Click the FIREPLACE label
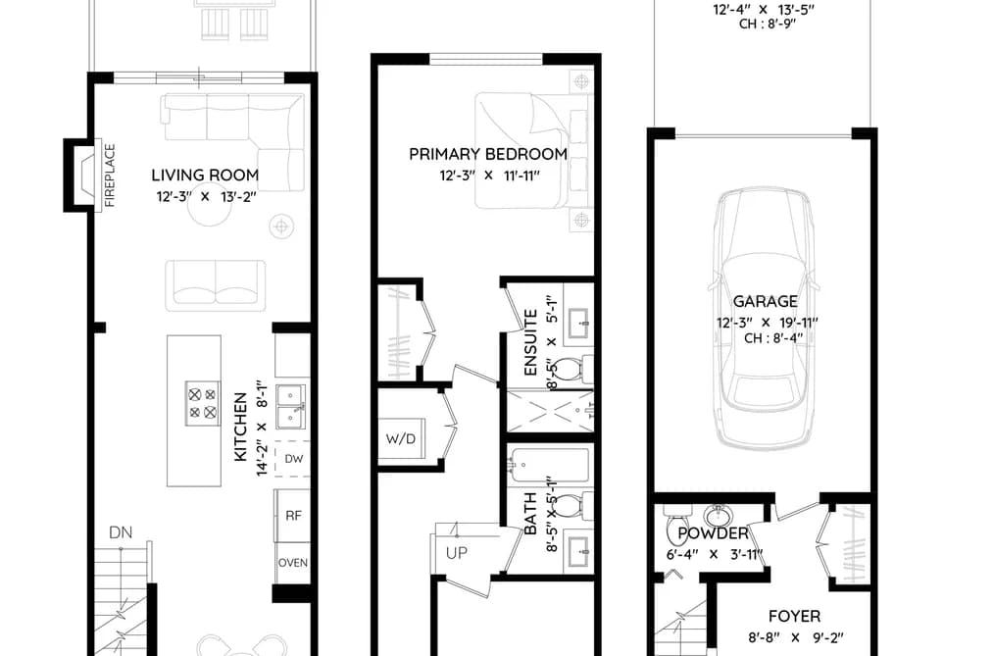[110, 176]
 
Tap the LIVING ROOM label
[205, 175]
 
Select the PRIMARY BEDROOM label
[487, 154]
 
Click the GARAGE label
[765, 301]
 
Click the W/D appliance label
[401, 438]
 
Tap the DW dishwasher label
[294, 459]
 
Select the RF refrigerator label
[293, 516]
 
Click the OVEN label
[293, 562]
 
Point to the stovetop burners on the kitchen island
[203, 403]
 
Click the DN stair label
[121, 532]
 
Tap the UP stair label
[456, 553]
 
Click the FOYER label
[794, 616]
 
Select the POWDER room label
[713, 533]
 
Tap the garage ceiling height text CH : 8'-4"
[773, 338]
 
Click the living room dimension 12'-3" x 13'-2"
[206, 197]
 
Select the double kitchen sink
[291, 406]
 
